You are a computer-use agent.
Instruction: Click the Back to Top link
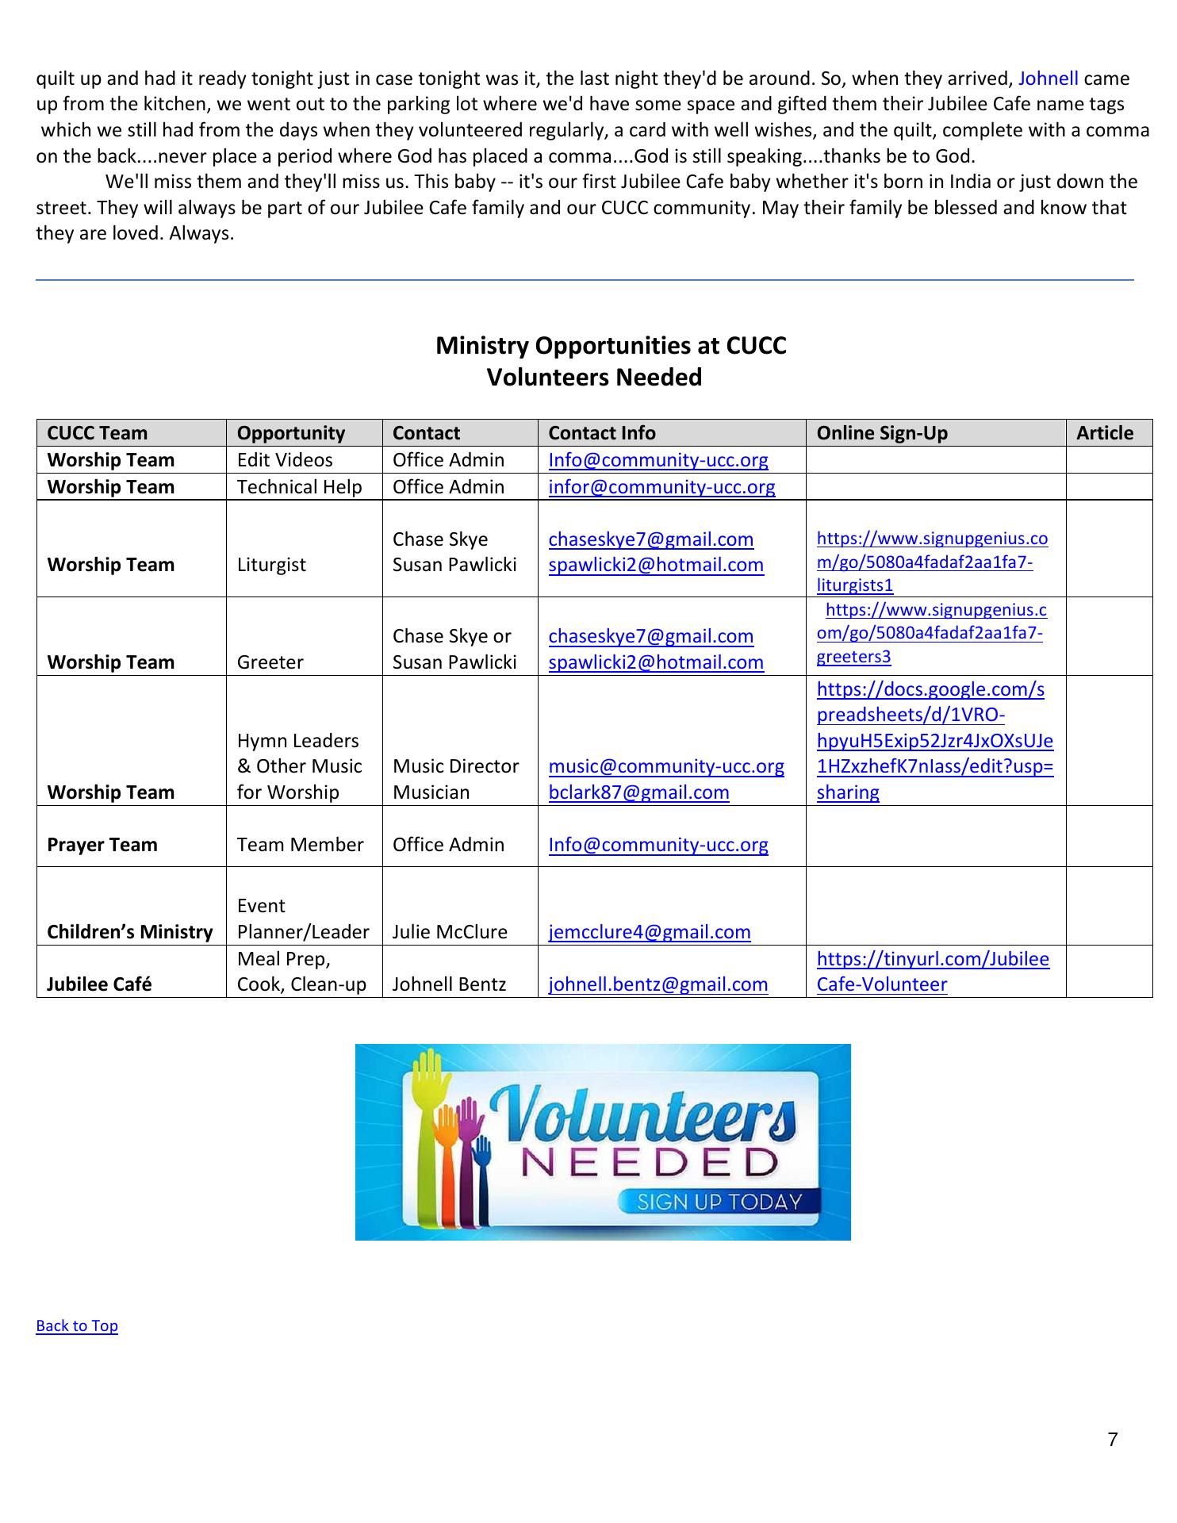click(x=77, y=1325)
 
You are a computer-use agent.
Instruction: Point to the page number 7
click(x=1113, y=1440)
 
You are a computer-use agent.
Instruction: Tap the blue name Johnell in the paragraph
click(x=1048, y=79)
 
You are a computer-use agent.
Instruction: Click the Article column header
click(x=1104, y=433)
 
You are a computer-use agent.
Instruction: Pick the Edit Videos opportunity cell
click(x=285, y=460)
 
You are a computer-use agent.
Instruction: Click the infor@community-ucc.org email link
click(x=661, y=487)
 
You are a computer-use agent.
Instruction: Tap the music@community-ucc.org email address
click(x=666, y=766)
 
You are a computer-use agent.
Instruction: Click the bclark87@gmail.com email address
click(x=638, y=792)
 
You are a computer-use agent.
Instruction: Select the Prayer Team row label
click(x=102, y=845)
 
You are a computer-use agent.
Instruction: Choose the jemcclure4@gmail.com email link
click(x=649, y=932)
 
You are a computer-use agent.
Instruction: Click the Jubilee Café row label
click(x=99, y=984)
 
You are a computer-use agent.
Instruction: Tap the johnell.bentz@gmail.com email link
click(x=658, y=984)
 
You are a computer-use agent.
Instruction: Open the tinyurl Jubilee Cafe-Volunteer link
click(x=932, y=972)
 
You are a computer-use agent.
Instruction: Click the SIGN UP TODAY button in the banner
click(x=719, y=1202)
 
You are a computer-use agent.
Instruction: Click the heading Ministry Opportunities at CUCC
click(x=611, y=346)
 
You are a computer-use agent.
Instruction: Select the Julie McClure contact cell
click(x=450, y=932)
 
